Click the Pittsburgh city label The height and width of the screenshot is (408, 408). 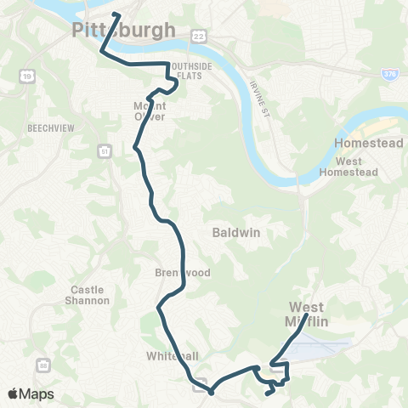124,31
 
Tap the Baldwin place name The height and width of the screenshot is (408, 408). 229,231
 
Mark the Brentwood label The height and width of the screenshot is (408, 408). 177,273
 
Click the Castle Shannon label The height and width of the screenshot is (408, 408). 89,295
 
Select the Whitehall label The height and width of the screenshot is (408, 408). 172,356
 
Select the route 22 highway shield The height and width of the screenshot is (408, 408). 198,33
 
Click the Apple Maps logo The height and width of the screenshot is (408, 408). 31,394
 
